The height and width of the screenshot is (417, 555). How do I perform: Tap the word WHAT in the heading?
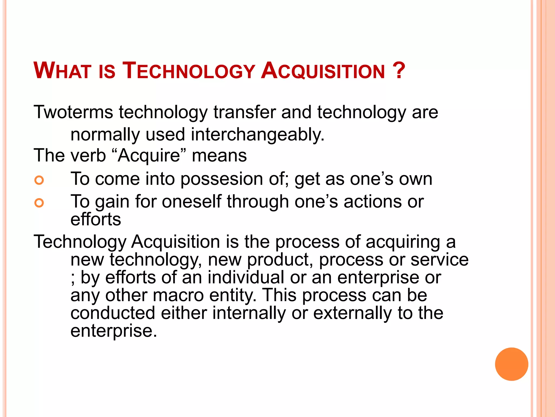(62, 71)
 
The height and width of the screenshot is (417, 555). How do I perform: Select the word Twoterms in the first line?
(73, 112)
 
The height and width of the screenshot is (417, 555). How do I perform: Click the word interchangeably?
(257, 135)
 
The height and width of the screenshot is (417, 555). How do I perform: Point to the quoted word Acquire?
(149, 156)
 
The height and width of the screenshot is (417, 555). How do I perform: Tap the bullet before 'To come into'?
(39, 180)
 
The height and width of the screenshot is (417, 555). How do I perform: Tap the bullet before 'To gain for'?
(39, 203)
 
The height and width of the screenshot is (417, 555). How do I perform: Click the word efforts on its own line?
(96, 219)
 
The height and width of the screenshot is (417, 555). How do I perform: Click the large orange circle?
(511, 364)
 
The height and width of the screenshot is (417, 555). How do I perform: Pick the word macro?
(178, 295)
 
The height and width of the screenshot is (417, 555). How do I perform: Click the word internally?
(249, 313)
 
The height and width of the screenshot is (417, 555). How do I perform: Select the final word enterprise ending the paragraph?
(113, 331)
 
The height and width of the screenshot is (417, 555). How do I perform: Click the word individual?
(246, 278)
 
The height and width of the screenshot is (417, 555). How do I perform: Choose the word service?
(439, 260)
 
